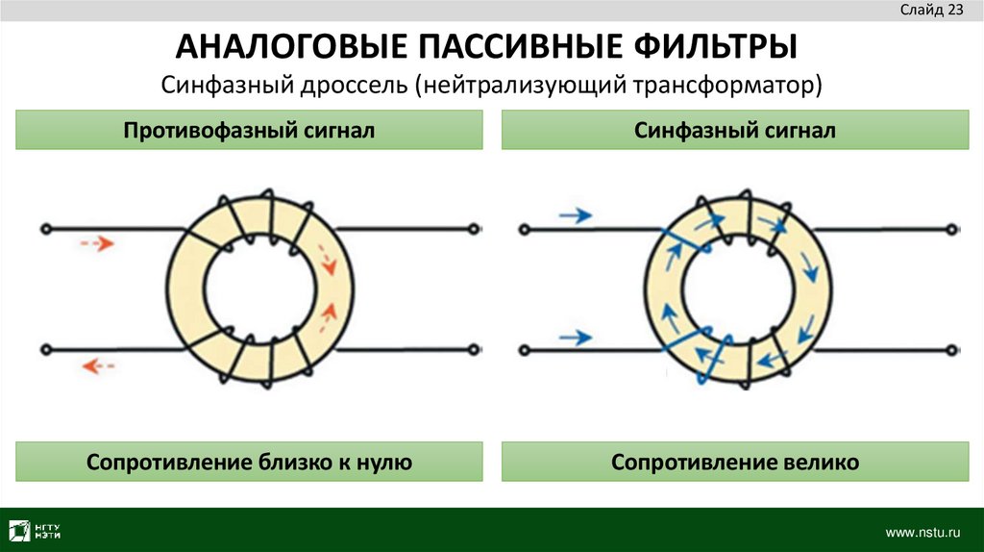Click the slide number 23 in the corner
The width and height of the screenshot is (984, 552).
tap(955, 11)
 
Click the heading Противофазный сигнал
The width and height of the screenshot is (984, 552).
tap(248, 130)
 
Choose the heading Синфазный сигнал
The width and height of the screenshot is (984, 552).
tap(734, 130)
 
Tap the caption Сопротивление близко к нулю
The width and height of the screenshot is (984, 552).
tap(249, 463)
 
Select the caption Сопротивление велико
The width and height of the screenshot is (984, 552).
tap(734, 463)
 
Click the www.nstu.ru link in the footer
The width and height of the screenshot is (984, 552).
tap(922, 532)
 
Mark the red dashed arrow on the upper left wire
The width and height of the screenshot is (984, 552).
tap(97, 244)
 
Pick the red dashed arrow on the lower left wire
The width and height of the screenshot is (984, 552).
tap(98, 364)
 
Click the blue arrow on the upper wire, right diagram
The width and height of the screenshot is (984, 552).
tap(576, 216)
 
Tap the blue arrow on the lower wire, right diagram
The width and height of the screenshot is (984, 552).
tap(576, 337)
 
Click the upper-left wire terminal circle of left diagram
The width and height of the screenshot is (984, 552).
tap(45, 229)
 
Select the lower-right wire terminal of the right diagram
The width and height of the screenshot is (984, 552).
tap(950, 349)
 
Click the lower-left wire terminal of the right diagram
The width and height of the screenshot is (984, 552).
tap(524, 349)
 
